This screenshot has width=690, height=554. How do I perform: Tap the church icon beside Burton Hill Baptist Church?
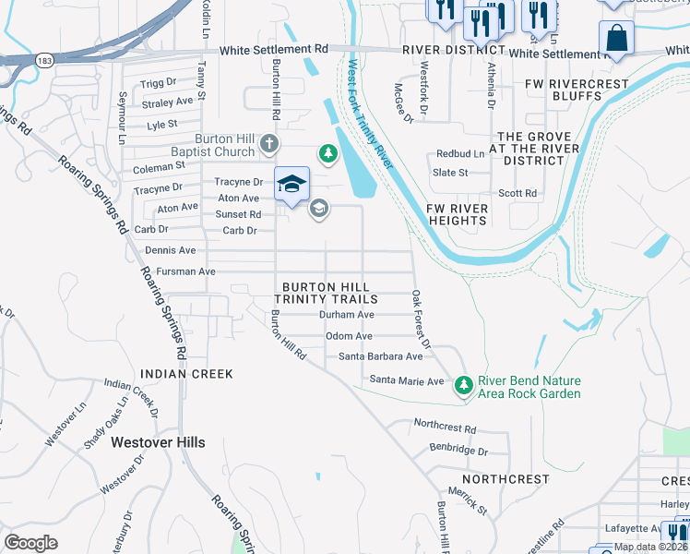pos(268,143)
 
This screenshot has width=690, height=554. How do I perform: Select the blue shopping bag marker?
pos(616,40)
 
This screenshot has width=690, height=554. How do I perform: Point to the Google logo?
pos(31,542)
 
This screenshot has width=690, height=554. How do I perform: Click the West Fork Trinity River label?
pos(371,114)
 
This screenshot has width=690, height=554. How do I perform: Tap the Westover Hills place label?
pos(158,442)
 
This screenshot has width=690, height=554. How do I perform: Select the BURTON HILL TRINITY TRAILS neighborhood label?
pos(329,293)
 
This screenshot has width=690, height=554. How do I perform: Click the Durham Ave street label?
pos(346,315)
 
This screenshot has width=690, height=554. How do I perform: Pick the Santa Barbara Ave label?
pos(380,356)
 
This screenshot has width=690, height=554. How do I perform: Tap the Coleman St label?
pos(159,167)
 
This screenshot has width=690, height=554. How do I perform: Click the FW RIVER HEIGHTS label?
pos(457,215)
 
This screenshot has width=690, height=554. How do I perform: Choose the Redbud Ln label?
pos(460,154)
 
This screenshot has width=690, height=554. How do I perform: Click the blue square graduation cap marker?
pos(291,183)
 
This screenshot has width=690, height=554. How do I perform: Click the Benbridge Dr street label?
pos(458,450)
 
